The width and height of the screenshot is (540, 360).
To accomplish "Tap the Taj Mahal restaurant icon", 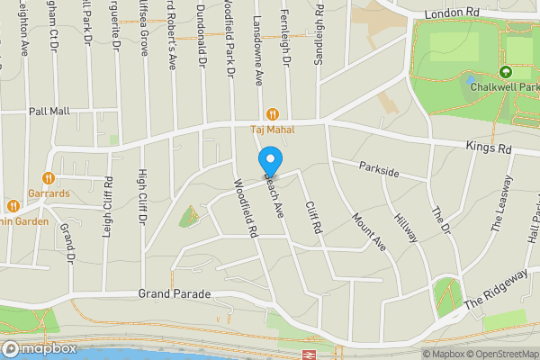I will click(270, 114).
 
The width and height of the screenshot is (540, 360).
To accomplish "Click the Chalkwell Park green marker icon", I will click(506, 71).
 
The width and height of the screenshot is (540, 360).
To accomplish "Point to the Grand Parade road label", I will click(175, 294).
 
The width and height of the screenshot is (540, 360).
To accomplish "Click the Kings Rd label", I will click(489, 147).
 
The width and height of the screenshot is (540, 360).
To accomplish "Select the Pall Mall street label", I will click(49, 111).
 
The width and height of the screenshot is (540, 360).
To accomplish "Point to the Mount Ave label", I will click(368, 229).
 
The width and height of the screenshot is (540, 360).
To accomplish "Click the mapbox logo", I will click(38, 348).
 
